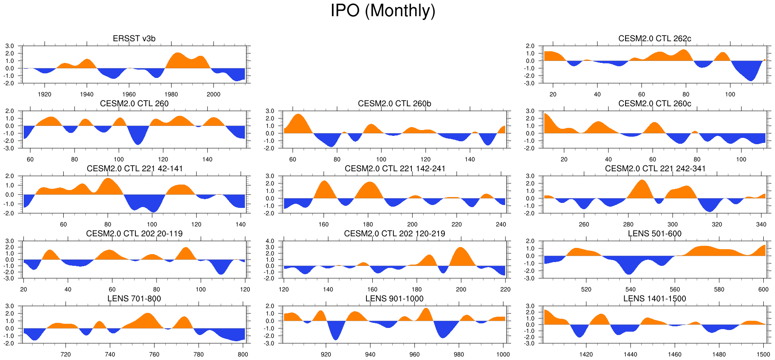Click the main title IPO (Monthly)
(x=383, y=11)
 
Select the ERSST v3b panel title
(x=134, y=38)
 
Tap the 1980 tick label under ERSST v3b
(x=171, y=95)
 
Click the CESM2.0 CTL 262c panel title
(x=655, y=38)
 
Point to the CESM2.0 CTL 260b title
(x=394, y=103)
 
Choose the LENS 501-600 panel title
(x=655, y=233)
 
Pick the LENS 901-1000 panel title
(x=394, y=298)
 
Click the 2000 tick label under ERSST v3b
(x=214, y=95)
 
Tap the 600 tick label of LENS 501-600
(x=763, y=290)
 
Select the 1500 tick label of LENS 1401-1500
(x=763, y=355)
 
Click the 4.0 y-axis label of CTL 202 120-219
(x=270, y=241)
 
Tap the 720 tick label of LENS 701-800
(x=66, y=355)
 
